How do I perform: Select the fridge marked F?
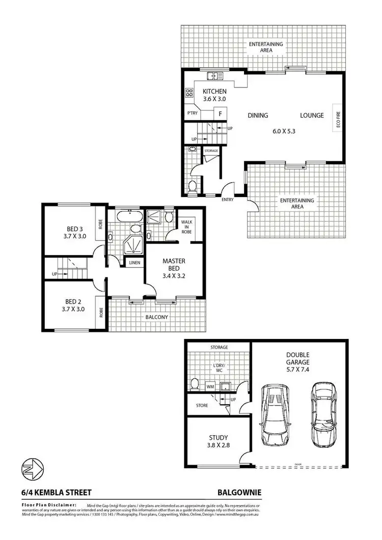click(x=220, y=114)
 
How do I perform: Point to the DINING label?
click(x=258, y=116)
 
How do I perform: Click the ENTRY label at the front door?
click(x=227, y=200)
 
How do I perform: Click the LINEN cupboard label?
click(x=134, y=263)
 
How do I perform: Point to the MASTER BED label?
click(x=174, y=265)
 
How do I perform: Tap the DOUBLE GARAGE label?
click(x=298, y=359)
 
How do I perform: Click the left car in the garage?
click(x=274, y=414)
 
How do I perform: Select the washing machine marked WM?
click(x=210, y=387)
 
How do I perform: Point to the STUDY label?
click(x=218, y=437)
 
